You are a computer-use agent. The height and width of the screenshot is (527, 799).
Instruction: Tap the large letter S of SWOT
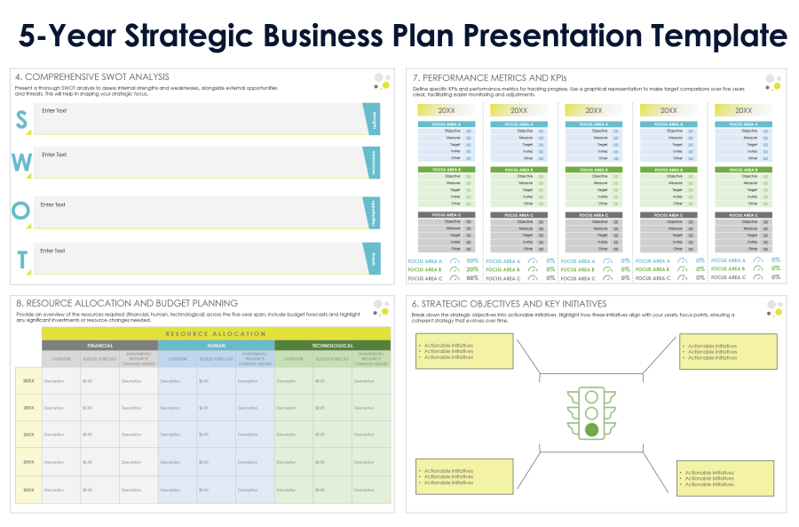point(22,121)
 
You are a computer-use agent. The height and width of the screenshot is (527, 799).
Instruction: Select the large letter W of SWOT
point(22,164)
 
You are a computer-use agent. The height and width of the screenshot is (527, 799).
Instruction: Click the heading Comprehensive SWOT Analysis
point(92,77)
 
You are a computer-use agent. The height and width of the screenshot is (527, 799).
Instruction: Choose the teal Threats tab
point(373,259)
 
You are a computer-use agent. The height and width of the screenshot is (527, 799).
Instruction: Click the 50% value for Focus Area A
point(472,261)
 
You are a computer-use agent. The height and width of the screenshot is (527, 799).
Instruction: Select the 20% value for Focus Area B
point(472,269)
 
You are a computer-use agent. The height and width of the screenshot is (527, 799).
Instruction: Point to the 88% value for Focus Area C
point(472,278)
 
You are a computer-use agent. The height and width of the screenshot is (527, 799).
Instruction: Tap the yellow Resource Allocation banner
point(216,333)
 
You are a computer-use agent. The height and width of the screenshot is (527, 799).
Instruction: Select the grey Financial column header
point(99,346)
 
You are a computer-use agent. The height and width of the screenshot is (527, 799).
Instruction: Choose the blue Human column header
point(216,346)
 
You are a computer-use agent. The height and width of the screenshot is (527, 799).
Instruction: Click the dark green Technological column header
point(332,346)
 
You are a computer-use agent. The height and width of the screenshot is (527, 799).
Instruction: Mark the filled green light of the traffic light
point(591,430)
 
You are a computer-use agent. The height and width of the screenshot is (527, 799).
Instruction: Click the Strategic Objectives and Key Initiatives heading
point(509,303)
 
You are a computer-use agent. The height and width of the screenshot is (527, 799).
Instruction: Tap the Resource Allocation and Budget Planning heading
point(127,303)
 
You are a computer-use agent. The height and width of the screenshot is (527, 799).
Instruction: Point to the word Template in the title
point(712,36)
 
